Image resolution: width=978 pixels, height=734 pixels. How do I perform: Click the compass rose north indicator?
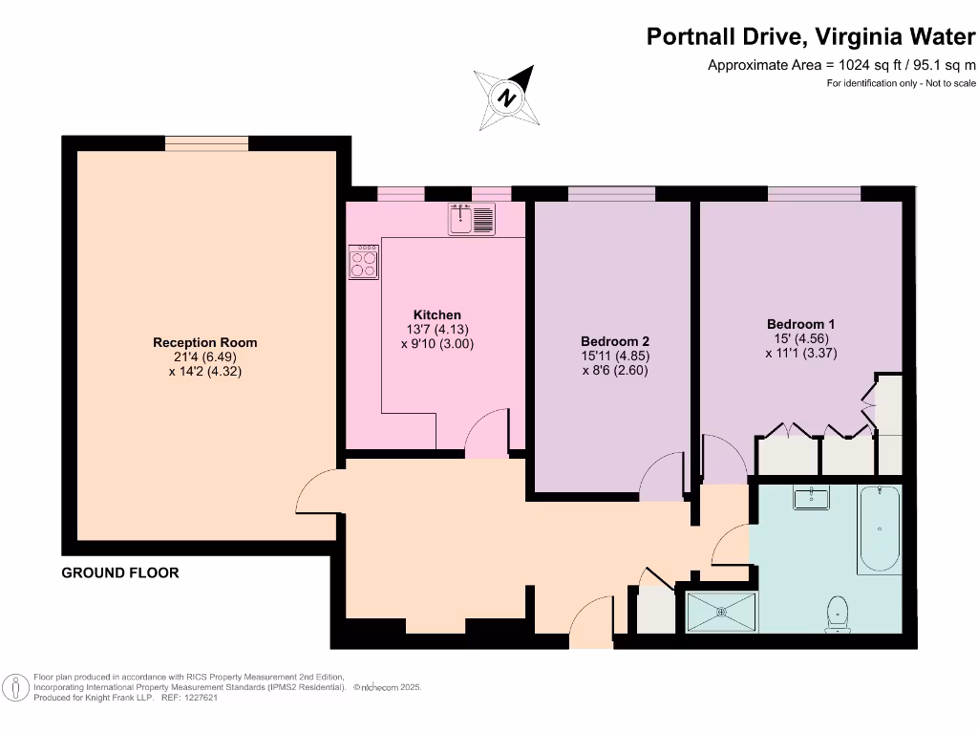tap(507, 98)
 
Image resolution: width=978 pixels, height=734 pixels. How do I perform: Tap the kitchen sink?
tap(471, 220)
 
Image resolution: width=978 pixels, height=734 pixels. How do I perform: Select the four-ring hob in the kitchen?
tap(364, 262)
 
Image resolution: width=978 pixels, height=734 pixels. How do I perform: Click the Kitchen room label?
tap(436, 314)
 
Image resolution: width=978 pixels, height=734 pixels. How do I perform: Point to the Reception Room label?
tap(205, 342)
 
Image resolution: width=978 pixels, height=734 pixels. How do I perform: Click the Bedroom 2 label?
tap(615, 341)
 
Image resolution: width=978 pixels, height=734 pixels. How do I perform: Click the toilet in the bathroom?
tap(839, 612)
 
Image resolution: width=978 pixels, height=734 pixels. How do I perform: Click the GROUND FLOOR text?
tap(120, 573)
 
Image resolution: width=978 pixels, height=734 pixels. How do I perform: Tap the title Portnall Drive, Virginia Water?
tap(811, 36)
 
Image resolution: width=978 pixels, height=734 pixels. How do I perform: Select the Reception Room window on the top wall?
tap(206, 143)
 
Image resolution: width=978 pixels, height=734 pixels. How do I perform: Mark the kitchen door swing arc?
tap(488, 428)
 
